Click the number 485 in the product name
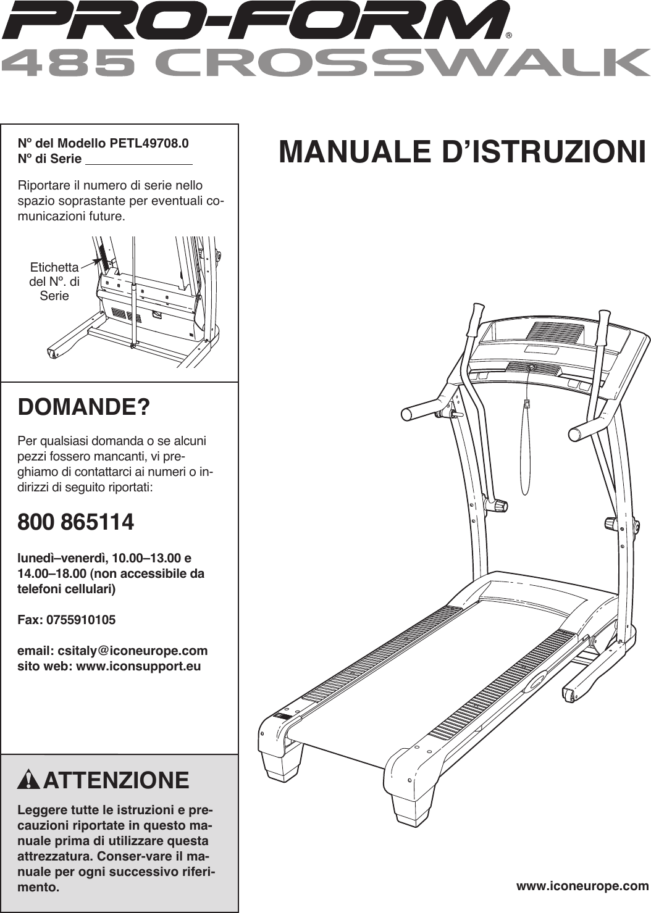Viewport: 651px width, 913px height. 69,62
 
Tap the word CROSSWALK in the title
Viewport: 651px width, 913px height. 401,62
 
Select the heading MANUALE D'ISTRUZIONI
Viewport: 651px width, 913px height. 462,152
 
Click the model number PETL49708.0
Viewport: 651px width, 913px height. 149,143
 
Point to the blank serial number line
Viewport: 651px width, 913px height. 138,161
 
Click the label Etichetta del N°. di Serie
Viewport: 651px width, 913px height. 54,281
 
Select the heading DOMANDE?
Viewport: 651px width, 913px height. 83,407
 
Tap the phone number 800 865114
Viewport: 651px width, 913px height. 75,522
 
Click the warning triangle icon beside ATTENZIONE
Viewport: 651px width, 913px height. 28,780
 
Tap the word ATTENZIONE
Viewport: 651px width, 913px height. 116,780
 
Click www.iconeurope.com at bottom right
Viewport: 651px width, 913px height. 582,886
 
